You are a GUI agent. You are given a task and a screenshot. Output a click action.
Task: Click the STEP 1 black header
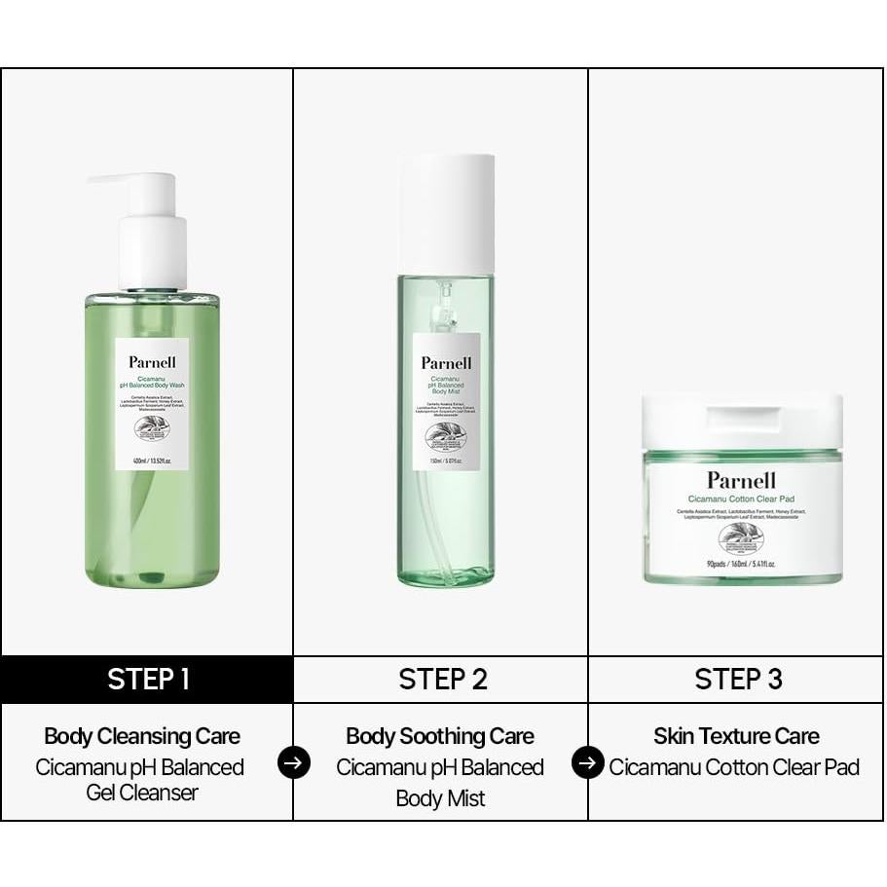click(147, 679)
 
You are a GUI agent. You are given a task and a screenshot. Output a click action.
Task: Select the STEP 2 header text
click(442, 679)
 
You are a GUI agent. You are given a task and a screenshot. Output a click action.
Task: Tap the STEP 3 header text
click(738, 679)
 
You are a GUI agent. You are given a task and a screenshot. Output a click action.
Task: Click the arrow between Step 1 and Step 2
click(294, 762)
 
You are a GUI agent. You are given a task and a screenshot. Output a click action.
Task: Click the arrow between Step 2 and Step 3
click(587, 762)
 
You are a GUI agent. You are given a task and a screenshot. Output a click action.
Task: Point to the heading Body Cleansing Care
click(142, 736)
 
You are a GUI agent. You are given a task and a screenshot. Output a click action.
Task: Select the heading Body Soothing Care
click(440, 736)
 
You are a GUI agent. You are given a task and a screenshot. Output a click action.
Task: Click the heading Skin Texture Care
click(736, 736)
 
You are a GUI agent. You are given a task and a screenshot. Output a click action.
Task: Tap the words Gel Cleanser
click(142, 793)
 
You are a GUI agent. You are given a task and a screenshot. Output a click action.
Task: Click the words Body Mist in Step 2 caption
click(440, 798)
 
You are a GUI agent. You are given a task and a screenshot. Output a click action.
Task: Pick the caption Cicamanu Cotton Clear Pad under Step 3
click(734, 767)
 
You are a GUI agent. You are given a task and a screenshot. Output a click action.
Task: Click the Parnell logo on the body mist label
click(446, 363)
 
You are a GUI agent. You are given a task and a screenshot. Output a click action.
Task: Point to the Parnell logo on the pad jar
click(742, 480)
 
